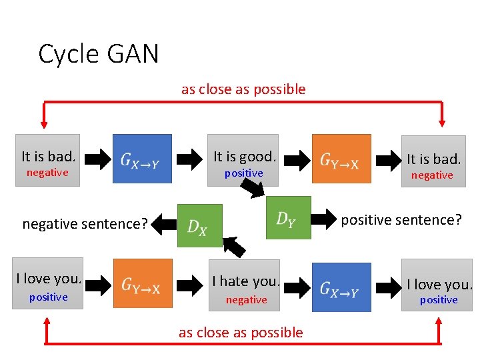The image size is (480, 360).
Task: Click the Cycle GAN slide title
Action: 99,54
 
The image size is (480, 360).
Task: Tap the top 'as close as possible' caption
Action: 243,89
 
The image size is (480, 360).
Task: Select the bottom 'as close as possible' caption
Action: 241,333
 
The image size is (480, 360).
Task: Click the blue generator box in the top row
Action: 142,159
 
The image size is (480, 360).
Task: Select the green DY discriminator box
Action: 288,217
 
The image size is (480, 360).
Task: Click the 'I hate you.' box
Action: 246,287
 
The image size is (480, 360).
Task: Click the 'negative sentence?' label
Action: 85,224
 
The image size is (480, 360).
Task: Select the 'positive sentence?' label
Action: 401,219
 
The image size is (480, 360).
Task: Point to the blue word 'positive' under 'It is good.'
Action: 243,173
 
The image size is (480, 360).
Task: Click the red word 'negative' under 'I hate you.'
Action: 246,300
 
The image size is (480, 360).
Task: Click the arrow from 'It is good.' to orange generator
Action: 295,159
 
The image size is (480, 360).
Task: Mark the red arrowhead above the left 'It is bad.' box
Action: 45,122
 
